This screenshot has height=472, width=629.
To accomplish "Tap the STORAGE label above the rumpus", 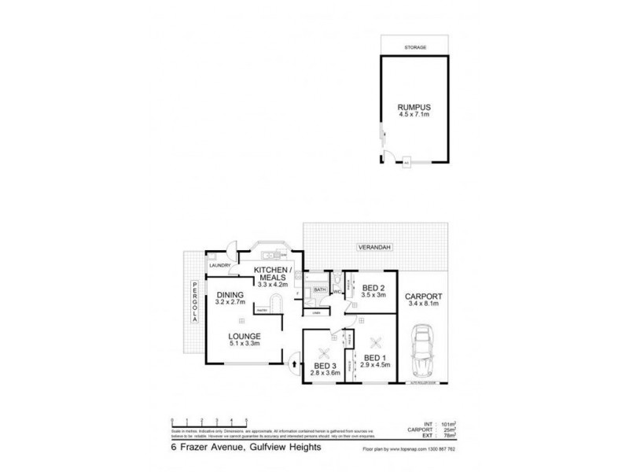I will click(416, 48).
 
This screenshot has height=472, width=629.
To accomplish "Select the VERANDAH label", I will click(374, 246).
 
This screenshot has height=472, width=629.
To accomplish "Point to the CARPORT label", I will click(425, 297).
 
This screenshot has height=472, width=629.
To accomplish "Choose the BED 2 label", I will click(373, 287).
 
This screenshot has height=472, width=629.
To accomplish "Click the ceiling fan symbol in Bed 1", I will click(376, 341).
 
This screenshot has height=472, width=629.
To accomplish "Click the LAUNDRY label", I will click(219, 265).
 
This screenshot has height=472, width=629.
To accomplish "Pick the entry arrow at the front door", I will click(295, 363).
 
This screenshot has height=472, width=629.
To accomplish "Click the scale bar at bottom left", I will click(209, 420).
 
